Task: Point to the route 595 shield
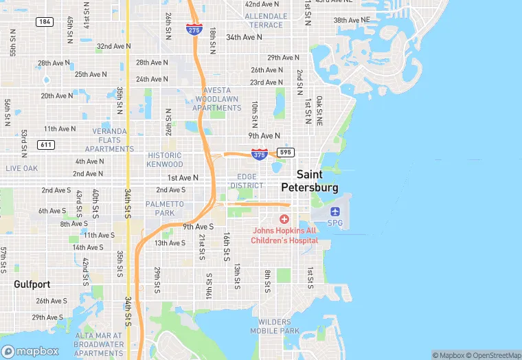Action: click(x=286, y=152)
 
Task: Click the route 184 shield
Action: click(x=45, y=22)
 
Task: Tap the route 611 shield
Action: click(x=47, y=144)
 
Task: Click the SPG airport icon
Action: click(x=335, y=211)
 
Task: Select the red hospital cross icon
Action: click(x=284, y=218)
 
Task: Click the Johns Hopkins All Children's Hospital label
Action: click(x=284, y=236)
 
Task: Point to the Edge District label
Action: click(x=247, y=181)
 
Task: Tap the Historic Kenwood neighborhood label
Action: click(x=165, y=160)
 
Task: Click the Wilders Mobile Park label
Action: click(x=279, y=326)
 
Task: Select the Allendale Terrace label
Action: click(x=266, y=20)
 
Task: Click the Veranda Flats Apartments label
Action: click(x=110, y=139)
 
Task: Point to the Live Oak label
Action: click(x=22, y=168)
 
